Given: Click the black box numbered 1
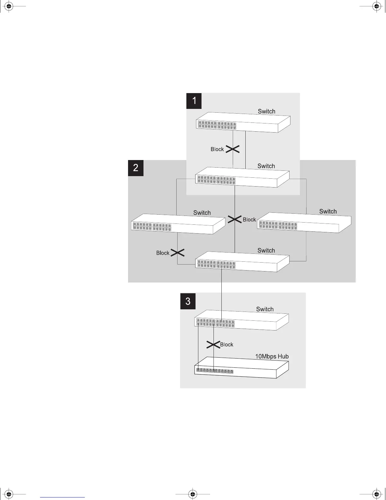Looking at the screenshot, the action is (x=194, y=101).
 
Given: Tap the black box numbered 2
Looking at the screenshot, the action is (x=136, y=168).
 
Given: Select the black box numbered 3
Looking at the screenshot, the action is (x=188, y=301).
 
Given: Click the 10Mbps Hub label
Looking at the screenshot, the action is (x=272, y=356).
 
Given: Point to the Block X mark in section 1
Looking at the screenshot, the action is (x=233, y=149).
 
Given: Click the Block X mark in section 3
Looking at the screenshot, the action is (x=213, y=345).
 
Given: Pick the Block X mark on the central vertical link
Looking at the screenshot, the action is (x=235, y=219).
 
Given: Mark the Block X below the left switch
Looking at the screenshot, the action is (x=178, y=253).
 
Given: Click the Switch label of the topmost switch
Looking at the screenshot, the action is (x=266, y=111).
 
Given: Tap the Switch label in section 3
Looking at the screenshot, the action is (x=265, y=309).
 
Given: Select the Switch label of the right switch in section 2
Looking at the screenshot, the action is (x=328, y=211).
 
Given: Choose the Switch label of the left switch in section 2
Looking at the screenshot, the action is (x=202, y=212).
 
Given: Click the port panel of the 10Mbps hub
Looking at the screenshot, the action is (x=215, y=371).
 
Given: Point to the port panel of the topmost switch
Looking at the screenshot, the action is (x=217, y=125).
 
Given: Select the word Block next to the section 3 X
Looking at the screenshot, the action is (x=227, y=345).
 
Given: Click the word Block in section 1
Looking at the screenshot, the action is (x=217, y=149).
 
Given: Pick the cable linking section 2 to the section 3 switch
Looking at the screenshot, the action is (x=221, y=290).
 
